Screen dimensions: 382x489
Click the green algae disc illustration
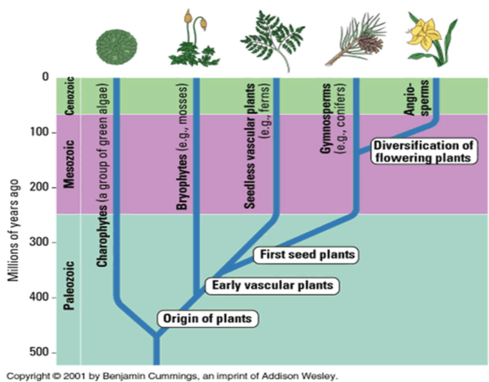117,47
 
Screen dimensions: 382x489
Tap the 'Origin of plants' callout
208,319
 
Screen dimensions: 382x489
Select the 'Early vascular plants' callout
272,285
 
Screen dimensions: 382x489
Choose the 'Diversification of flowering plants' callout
424,151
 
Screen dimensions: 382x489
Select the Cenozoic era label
69,96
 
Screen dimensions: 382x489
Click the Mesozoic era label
69,164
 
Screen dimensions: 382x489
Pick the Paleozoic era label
69,285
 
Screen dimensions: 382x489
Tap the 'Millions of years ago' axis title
13,230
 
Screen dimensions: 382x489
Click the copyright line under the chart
172,376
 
